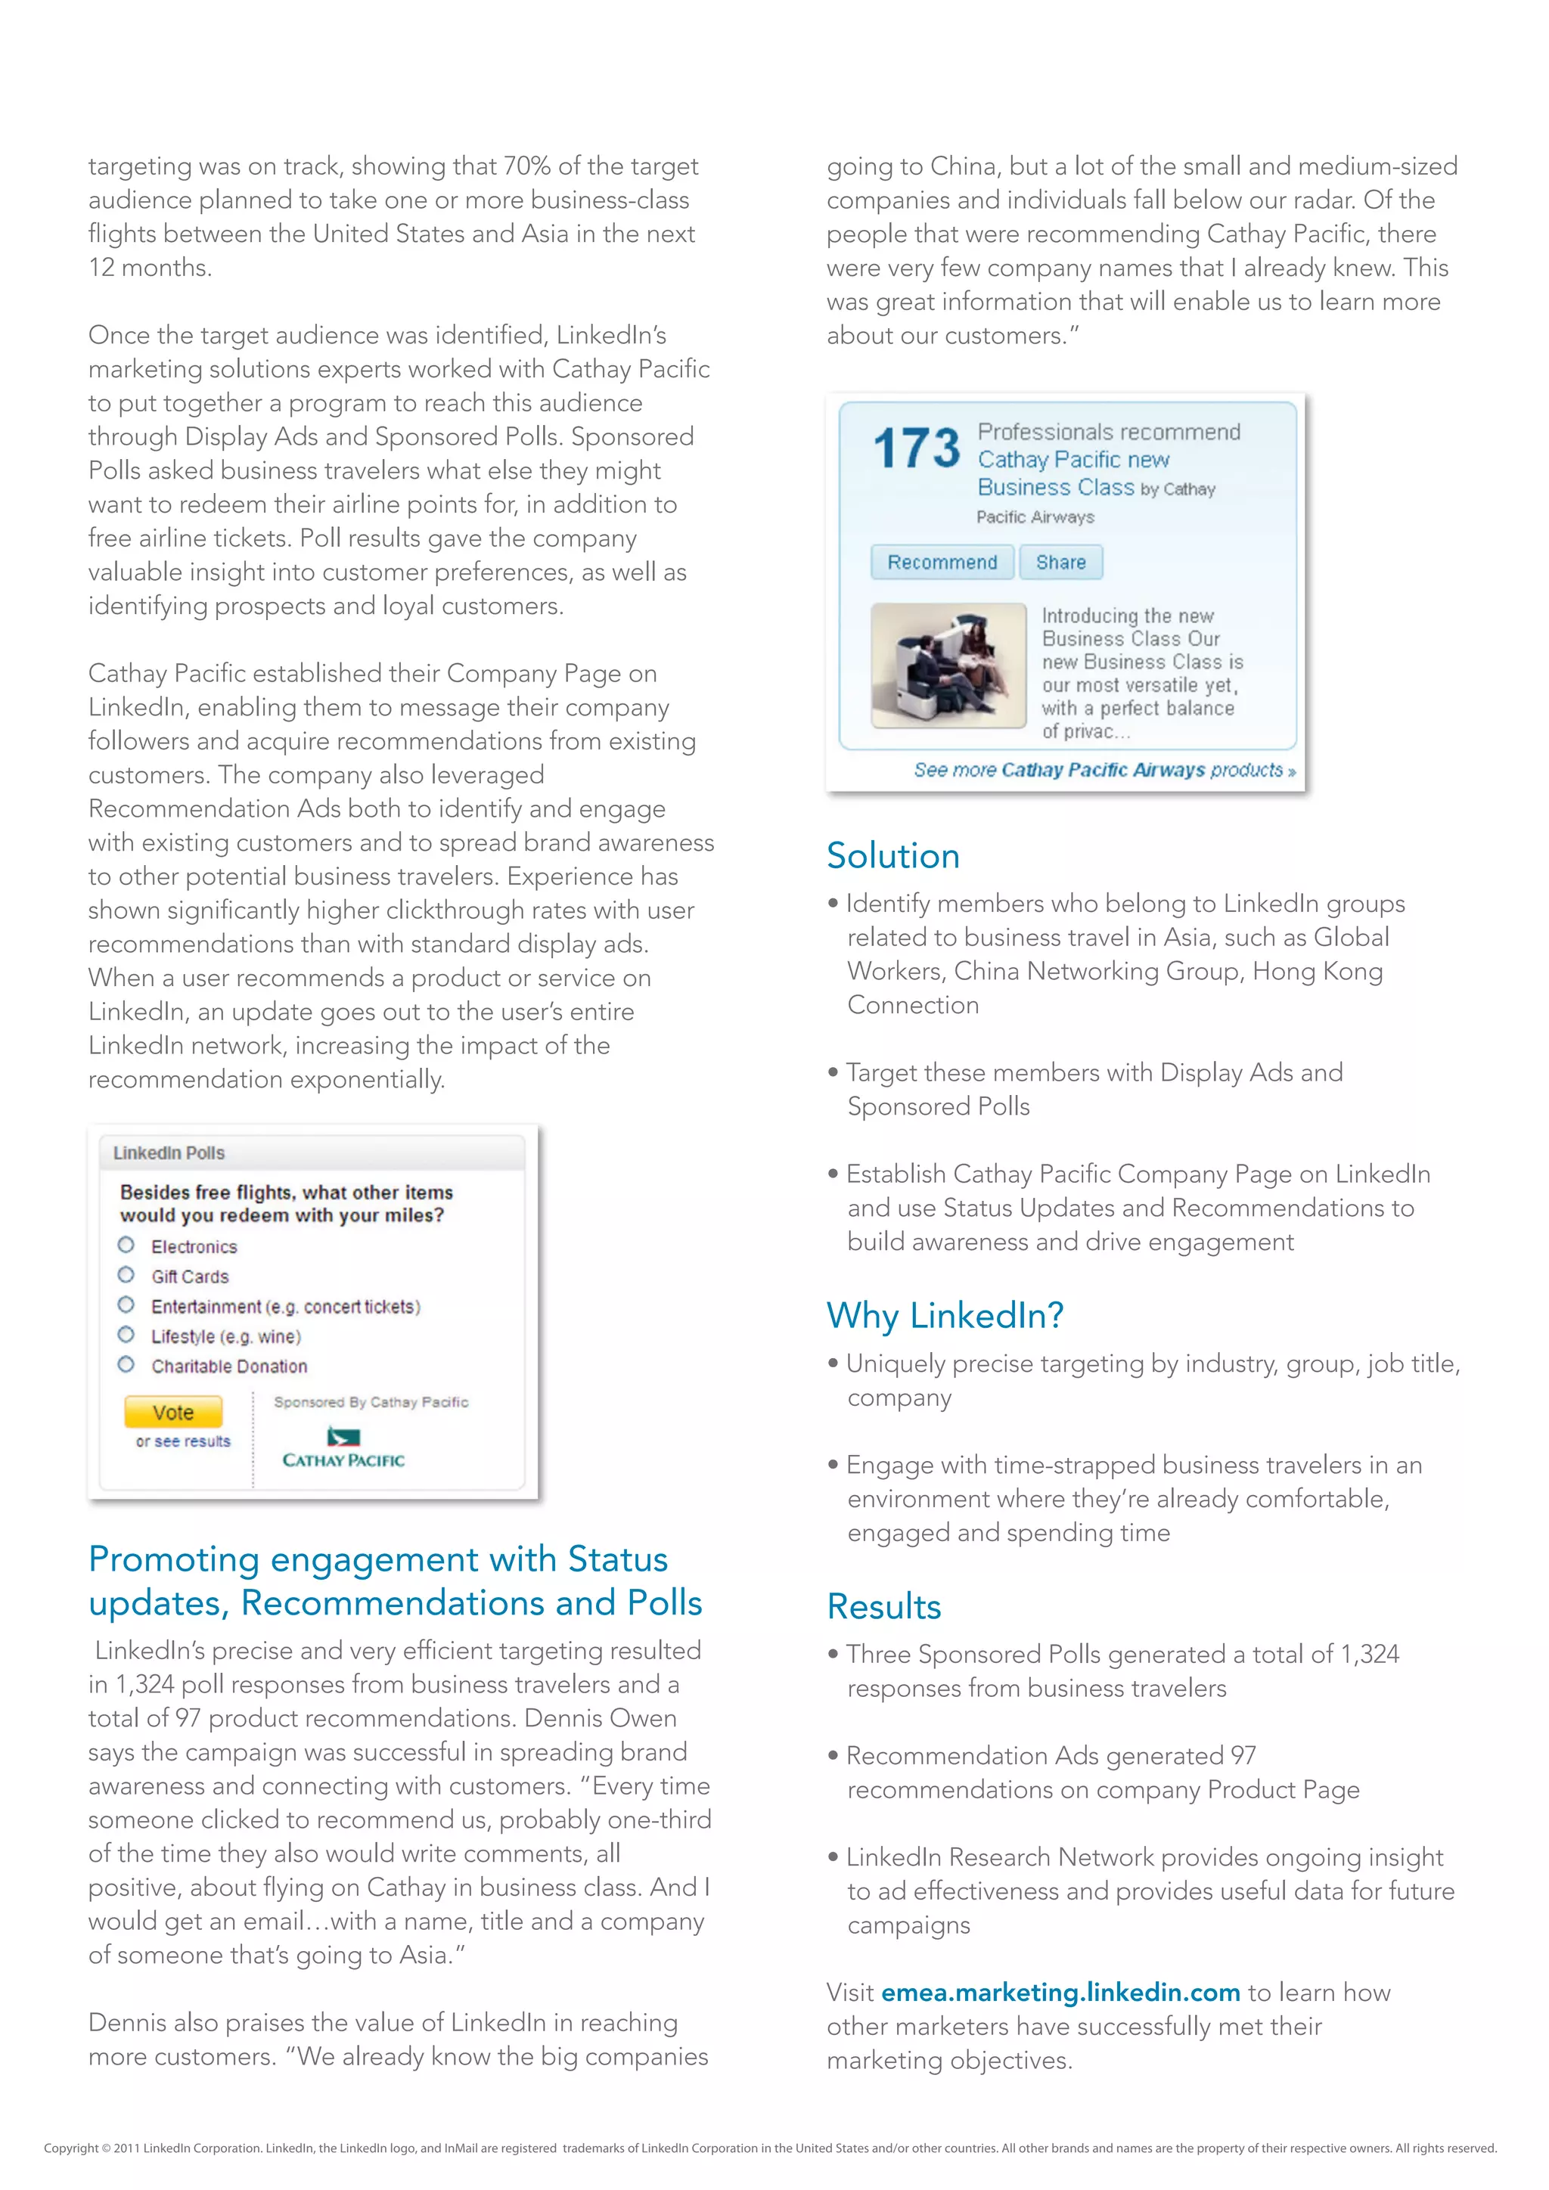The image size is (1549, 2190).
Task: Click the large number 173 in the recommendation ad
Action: (x=916, y=448)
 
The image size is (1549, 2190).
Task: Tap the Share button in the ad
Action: (x=1060, y=562)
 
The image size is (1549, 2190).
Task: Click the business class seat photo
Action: (x=948, y=665)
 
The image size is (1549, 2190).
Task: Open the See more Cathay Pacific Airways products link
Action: (x=1104, y=770)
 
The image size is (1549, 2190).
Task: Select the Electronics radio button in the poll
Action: (x=126, y=1245)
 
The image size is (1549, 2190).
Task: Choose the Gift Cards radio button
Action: (x=126, y=1275)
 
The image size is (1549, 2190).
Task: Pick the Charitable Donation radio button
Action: (x=126, y=1365)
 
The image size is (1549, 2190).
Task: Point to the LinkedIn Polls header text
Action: (x=169, y=1152)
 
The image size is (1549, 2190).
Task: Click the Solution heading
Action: (x=892, y=855)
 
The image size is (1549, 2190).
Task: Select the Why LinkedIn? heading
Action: (x=944, y=1315)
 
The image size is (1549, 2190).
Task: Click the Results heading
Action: (x=883, y=1606)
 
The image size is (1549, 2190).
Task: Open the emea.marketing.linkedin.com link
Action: (x=1060, y=1993)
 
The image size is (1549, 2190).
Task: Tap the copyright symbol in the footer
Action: (x=106, y=2148)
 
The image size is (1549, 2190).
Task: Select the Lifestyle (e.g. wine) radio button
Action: (x=126, y=1335)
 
